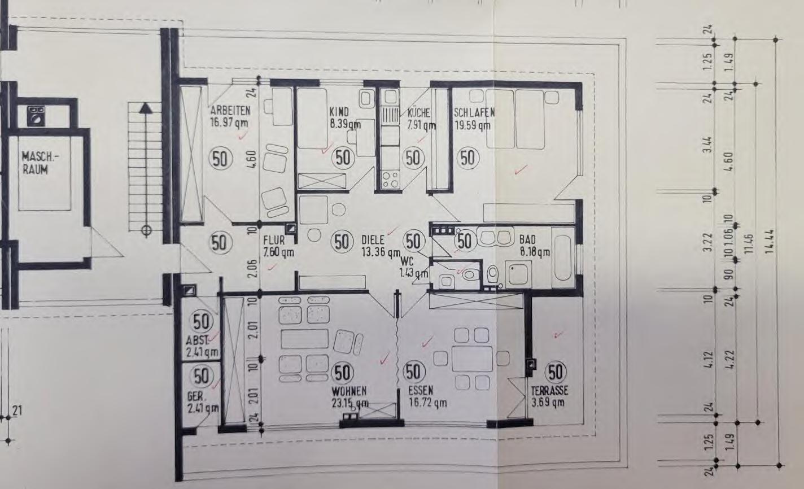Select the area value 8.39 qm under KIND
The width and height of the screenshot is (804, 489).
point(345,124)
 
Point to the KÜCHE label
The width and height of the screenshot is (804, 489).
point(419,112)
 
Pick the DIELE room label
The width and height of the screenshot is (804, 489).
point(373,240)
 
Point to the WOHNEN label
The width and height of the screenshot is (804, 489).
point(349,391)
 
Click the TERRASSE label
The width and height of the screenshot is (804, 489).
point(549,391)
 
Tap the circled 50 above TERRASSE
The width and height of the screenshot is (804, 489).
point(555,372)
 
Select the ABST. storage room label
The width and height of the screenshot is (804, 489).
point(198,340)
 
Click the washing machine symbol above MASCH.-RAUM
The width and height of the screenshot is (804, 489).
point(38,115)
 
